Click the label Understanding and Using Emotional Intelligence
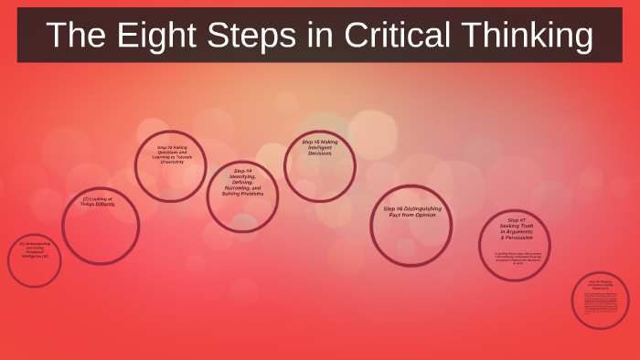pos(34,250)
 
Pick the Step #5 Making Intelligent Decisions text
pos(319,148)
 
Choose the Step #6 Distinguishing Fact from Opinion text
pos(411,212)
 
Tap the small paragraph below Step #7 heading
pos(516,258)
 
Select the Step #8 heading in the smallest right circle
pos(601,285)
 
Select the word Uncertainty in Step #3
pos(170,162)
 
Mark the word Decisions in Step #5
pos(319,154)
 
